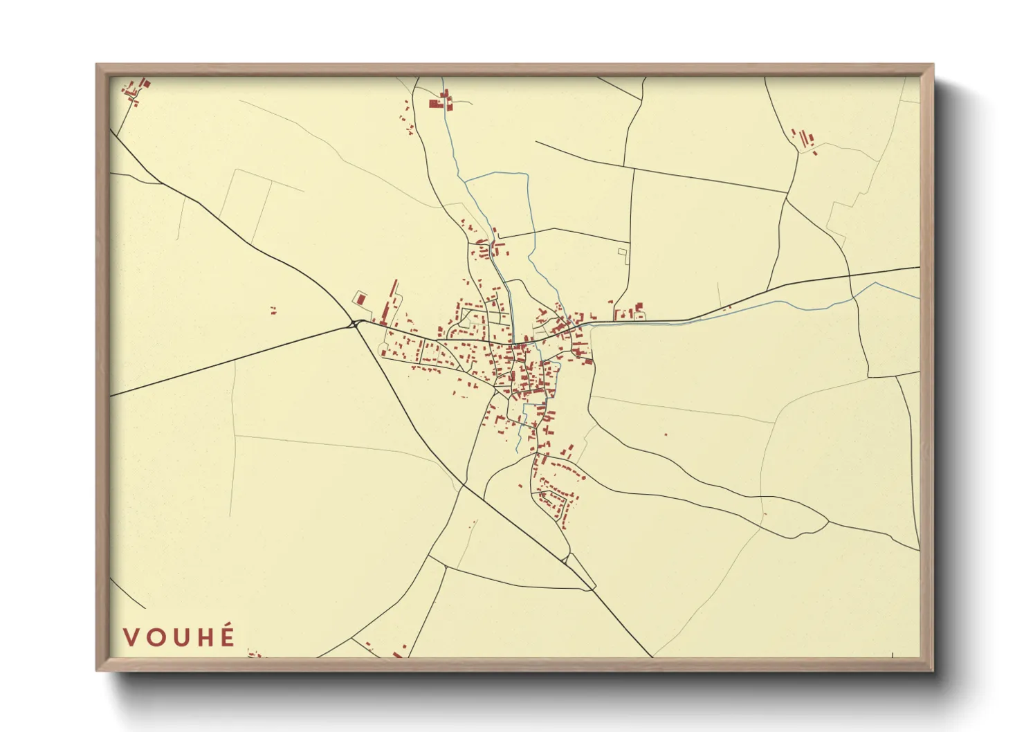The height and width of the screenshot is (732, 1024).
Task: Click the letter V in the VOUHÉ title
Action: pyautogui.click(x=131, y=637)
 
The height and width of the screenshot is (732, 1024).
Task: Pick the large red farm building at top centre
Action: pyautogui.click(x=436, y=104)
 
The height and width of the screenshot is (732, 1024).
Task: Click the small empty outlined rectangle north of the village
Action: pyautogui.click(x=622, y=252)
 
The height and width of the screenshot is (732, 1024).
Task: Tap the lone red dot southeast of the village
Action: pyautogui.click(x=666, y=434)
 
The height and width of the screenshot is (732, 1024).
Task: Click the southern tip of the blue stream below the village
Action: pyautogui.click(x=517, y=453)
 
